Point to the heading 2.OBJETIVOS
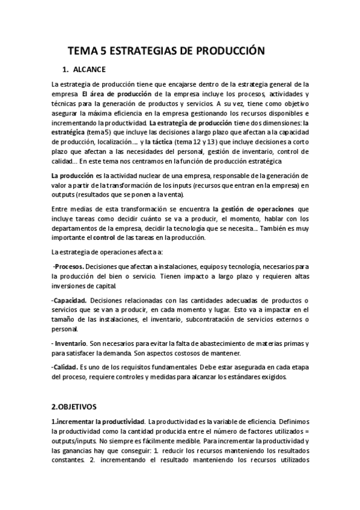tap(79, 407)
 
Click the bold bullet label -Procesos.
tap(69, 265)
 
